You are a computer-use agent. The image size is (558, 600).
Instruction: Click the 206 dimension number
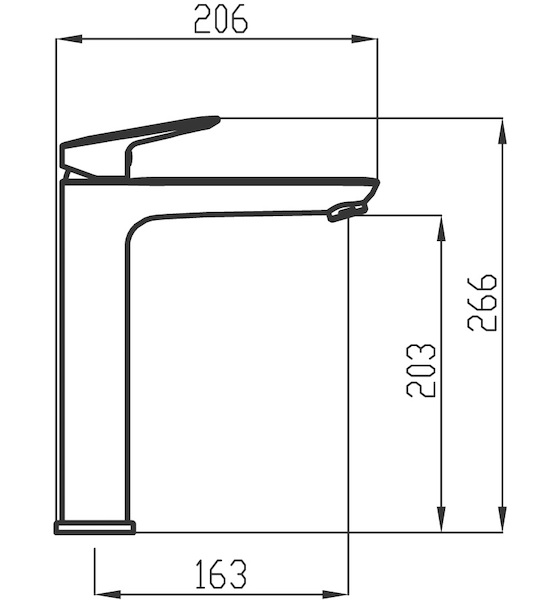coord(221,20)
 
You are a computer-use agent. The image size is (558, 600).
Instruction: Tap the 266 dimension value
coord(482,303)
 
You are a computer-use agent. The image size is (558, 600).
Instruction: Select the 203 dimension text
coord(421,370)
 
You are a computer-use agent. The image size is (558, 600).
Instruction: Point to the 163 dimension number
coord(221,574)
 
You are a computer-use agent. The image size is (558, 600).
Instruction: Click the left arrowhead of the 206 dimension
coord(69,39)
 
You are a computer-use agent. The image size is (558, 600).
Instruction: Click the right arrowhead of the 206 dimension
coord(364,39)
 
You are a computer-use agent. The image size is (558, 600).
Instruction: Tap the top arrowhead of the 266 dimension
coord(503,131)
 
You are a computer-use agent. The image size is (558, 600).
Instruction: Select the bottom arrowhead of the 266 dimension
coord(503,518)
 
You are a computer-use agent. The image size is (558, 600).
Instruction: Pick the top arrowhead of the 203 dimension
coord(441,228)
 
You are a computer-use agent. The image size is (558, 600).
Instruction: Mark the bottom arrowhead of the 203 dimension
coord(441,518)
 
